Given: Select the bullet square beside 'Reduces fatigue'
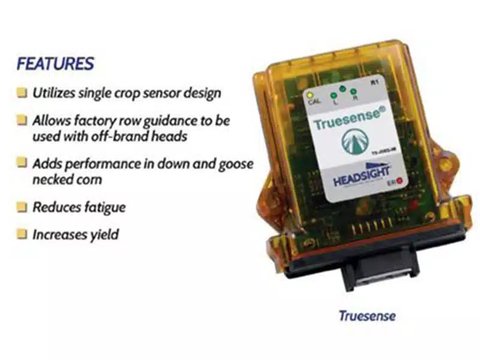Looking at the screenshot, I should point(22,208).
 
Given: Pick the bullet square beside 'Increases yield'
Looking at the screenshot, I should point(22,236).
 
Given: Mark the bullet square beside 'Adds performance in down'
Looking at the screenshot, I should point(22,163).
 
